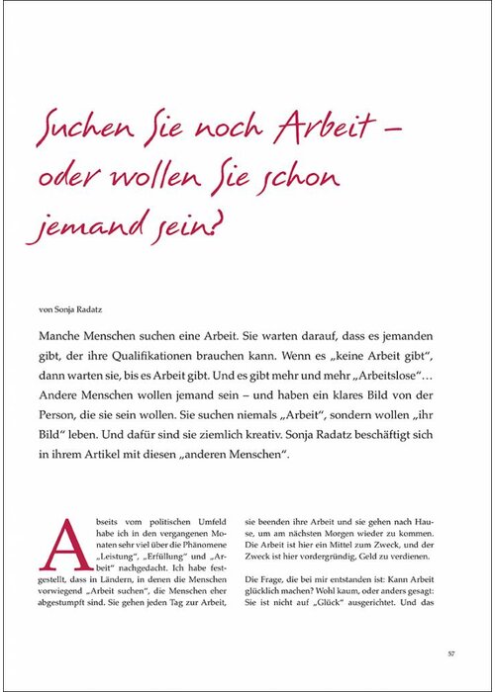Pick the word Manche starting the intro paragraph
[x=63, y=336]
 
